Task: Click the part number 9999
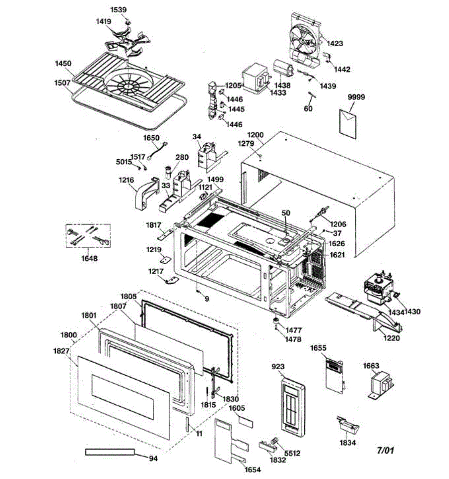click(x=356, y=97)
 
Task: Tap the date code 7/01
click(x=385, y=450)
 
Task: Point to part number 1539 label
click(x=118, y=10)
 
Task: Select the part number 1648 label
click(x=89, y=258)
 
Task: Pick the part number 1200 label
click(x=256, y=135)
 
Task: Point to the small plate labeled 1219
click(x=165, y=259)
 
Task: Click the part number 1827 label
click(x=61, y=351)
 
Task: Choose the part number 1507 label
click(x=63, y=83)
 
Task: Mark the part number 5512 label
click(x=292, y=453)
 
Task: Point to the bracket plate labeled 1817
click(x=165, y=234)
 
